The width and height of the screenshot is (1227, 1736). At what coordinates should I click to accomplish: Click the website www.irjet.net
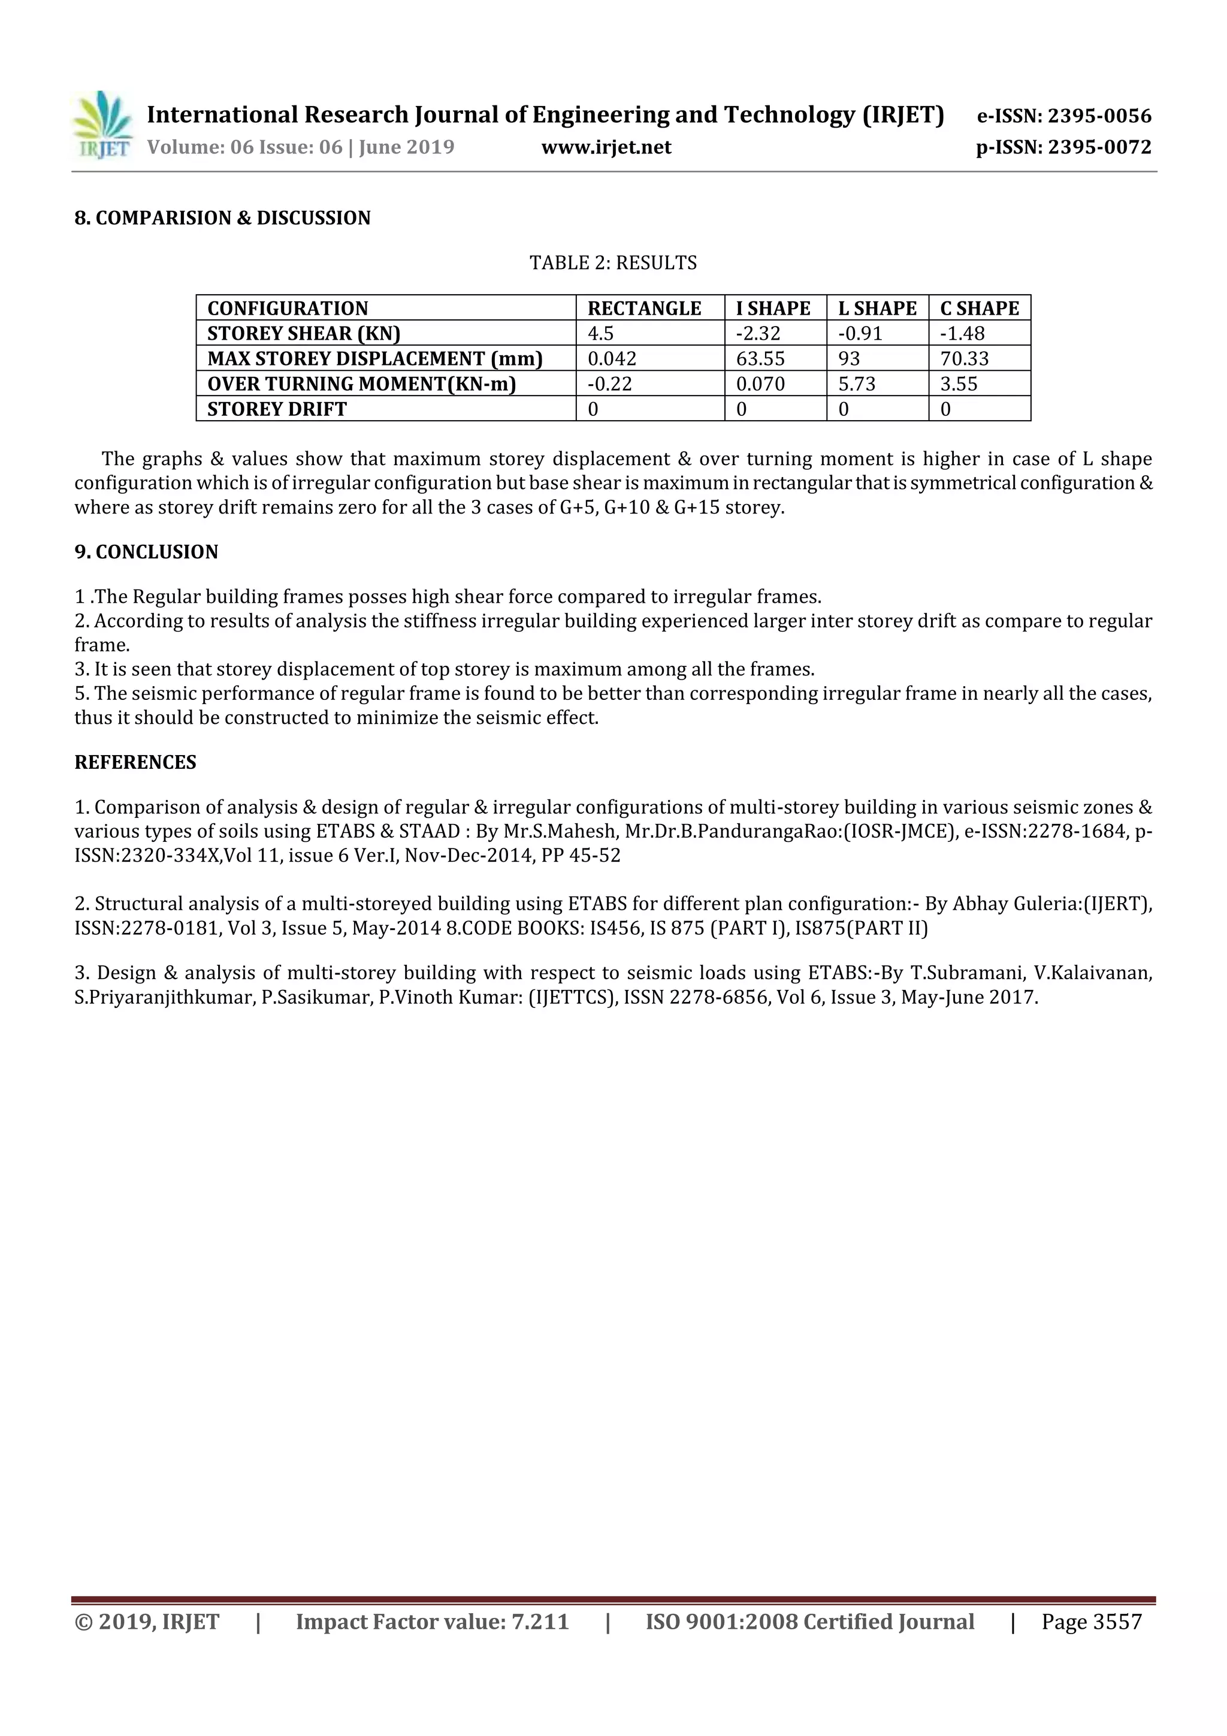[606, 147]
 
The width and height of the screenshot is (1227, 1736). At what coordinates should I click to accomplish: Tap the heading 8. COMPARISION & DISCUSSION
[222, 219]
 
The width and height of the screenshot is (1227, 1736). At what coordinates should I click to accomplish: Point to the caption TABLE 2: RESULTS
[613, 263]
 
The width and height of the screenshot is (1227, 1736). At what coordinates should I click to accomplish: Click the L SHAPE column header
[877, 309]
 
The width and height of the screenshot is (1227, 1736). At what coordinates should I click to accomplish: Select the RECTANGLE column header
[644, 309]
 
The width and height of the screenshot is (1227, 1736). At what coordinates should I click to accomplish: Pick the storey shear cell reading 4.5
[601, 333]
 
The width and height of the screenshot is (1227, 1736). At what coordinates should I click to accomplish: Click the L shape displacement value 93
[849, 358]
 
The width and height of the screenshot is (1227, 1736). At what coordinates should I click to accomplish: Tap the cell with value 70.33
[964, 358]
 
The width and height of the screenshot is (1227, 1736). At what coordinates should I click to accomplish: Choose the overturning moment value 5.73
[857, 384]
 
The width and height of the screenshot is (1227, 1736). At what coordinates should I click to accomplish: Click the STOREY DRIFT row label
[277, 409]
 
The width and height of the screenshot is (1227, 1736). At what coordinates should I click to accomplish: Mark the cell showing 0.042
[612, 358]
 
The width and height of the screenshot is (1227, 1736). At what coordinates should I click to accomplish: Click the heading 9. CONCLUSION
[146, 552]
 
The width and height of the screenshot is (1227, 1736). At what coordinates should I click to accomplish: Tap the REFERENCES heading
[135, 762]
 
